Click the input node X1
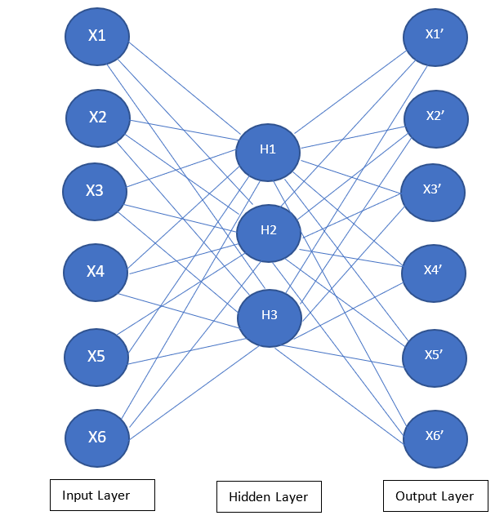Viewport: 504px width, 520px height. pyautogui.click(x=97, y=36)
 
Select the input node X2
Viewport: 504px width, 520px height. pyautogui.click(x=98, y=118)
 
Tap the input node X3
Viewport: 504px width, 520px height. pyautogui.click(x=95, y=191)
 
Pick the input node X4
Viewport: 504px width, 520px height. pyautogui.click(x=96, y=272)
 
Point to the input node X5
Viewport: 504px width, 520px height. pyautogui.click(x=96, y=357)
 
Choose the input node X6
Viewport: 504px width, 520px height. pyautogui.click(x=97, y=437)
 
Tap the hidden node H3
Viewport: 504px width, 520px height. pyautogui.click(x=270, y=316)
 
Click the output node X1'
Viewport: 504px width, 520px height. pyautogui.click(x=435, y=36)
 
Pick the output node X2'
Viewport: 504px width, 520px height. pyautogui.click(x=435, y=117)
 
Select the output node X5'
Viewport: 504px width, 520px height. pyautogui.click(x=435, y=357)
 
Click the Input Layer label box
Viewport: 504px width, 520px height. pyautogui.click(x=102, y=495)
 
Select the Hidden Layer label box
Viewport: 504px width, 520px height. pyautogui.click(x=269, y=497)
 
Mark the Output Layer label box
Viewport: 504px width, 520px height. pyautogui.click(x=435, y=496)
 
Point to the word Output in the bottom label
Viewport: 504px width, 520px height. pyautogui.click(x=416, y=496)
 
